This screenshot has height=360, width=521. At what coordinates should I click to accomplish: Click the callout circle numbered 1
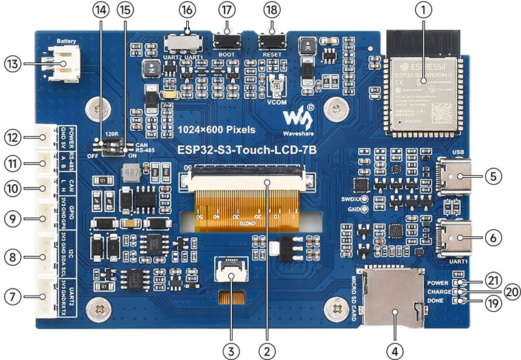pyautogui.click(x=424, y=10)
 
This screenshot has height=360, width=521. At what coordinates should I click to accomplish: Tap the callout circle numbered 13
pyautogui.click(x=12, y=64)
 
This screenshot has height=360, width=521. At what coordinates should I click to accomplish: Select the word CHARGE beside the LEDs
pyautogui.click(x=440, y=292)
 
